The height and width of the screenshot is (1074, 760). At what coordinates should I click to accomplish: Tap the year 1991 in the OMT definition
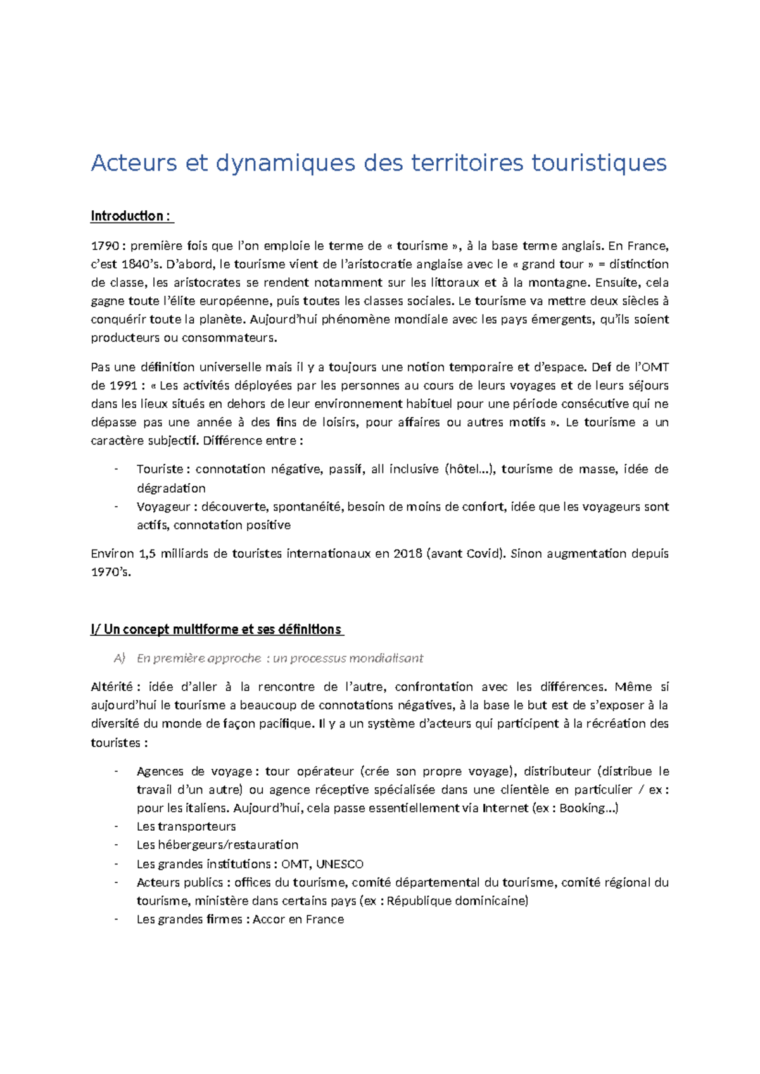click(x=123, y=385)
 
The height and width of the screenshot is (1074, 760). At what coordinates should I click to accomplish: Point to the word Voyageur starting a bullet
click(x=163, y=507)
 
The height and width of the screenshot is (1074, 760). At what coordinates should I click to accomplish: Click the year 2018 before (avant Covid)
click(x=407, y=553)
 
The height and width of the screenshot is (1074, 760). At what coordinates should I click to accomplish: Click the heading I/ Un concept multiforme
click(x=216, y=629)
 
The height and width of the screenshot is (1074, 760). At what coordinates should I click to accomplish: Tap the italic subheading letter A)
click(x=120, y=659)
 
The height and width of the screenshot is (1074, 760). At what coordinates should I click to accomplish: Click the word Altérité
click(x=111, y=687)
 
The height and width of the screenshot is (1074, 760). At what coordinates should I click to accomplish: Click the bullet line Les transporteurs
click(x=186, y=826)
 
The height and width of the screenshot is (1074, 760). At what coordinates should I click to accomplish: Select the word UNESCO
click(x=339, y=864)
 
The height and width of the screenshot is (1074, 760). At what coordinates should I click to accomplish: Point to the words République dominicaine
click(x=456, y=900)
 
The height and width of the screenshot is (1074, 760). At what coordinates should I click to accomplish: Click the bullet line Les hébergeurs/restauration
click(x=217, y=845)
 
